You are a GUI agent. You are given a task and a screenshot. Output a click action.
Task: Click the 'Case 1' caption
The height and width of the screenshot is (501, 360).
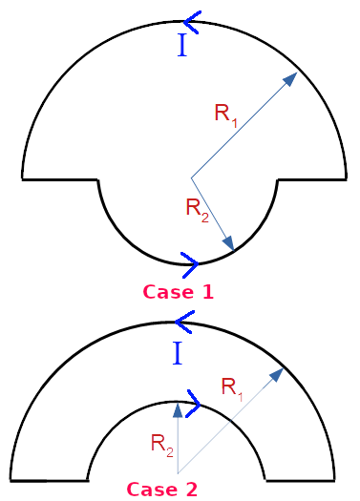click(x=178, y=292)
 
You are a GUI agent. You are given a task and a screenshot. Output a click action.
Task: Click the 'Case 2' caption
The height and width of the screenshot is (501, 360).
click(x=162, y=490)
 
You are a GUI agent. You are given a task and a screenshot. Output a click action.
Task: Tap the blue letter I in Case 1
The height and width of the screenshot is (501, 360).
click(x=181, y=46)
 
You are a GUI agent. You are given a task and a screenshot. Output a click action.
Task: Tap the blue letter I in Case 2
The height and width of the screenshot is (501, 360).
click(x=178, y=355)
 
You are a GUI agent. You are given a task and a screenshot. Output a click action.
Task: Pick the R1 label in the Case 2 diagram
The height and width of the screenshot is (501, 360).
click(x=233, y=386)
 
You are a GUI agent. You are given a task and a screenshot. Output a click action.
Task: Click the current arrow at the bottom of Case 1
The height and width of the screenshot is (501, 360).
click(x=189, y=261)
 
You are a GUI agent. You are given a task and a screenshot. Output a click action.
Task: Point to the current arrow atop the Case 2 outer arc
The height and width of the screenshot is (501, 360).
click(x=184, y=325)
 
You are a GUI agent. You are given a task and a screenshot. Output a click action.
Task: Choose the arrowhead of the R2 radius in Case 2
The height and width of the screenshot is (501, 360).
click(x=178, y=409)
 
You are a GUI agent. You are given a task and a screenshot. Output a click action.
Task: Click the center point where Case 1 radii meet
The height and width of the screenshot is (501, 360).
click(x=192, y=177)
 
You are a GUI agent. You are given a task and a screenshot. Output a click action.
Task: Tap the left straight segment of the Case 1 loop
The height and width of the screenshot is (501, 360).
click(x=60, y=178)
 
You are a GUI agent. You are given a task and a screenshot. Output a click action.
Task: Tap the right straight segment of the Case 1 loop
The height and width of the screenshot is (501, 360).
click(x=311, y=178)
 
